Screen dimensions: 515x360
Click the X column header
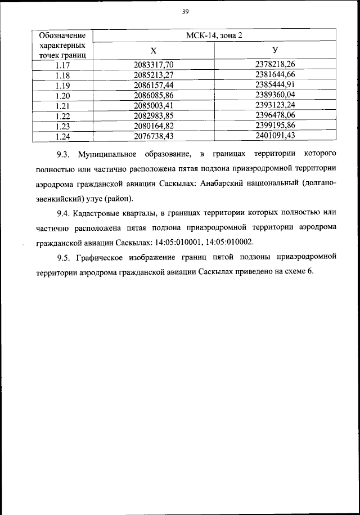(152, 51)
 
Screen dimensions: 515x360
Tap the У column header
(275, 51)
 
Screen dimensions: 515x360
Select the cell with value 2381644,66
(275, 74)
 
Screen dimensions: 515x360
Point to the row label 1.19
(62, 84)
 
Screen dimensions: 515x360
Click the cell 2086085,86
(153, 95)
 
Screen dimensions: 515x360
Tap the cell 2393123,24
(275, 105)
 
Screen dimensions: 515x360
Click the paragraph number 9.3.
(65, 154)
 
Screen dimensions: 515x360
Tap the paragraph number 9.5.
(65, 258)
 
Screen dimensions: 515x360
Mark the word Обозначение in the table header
(62, 35)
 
